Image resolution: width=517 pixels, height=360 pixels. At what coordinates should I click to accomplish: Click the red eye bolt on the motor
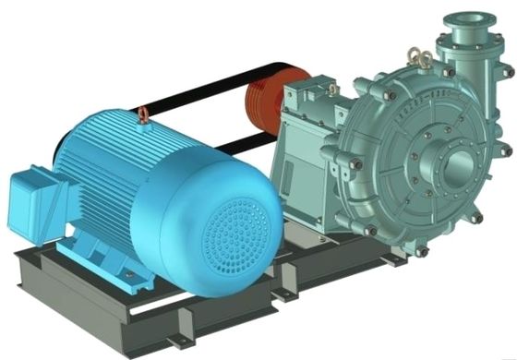click(x=145, y=115)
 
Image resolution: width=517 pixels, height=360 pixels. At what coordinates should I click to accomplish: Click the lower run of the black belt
click(x=231, y=144)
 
